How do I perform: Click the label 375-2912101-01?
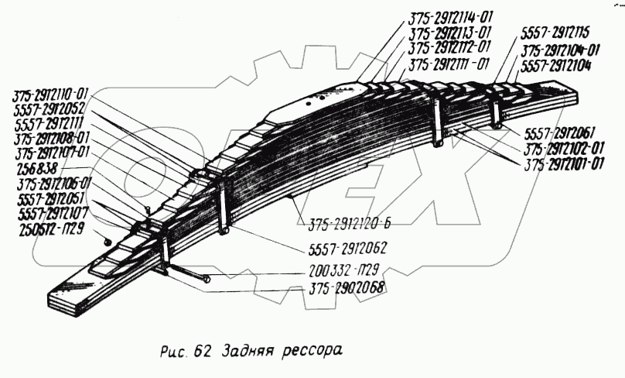tap(565, 165)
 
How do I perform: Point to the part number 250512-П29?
tap(49, 232)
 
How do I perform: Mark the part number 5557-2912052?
tap(49, 109)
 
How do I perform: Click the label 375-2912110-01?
tap(50, 95)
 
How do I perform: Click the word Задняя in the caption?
tap(244, 349)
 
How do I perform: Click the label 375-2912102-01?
tap(565, 149)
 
